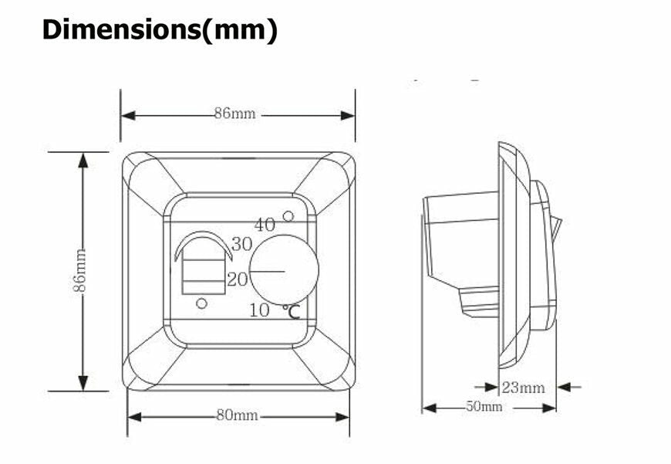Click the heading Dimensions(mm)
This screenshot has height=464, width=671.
[160, 30]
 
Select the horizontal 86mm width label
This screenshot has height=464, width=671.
[235, 113]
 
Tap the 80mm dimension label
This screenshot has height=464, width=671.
[237, 415]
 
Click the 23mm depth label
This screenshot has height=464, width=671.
[524, 388]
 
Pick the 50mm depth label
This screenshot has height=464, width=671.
[484, 406]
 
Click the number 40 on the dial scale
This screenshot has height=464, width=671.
[265, 225]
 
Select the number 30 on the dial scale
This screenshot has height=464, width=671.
[241, 244]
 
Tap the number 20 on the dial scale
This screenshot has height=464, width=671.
[238, 279]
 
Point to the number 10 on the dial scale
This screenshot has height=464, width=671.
[259, 310]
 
